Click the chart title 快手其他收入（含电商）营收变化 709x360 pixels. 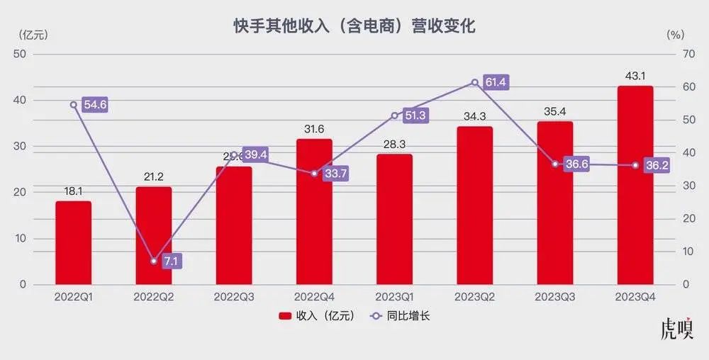pos(354,26)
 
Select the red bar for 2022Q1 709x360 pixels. pos(73,242)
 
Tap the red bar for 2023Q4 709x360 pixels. pos(635,185)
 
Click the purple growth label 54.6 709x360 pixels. pos(95,105)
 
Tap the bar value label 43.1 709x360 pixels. pos(635,76)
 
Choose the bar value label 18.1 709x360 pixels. pos(73,191)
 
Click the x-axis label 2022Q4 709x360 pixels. pos(314,297)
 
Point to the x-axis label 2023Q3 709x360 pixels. pos(555,297)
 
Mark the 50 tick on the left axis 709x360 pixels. pos(20,54)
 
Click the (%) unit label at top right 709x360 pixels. pos(676,33)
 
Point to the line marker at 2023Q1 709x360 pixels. pos(394,116)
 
